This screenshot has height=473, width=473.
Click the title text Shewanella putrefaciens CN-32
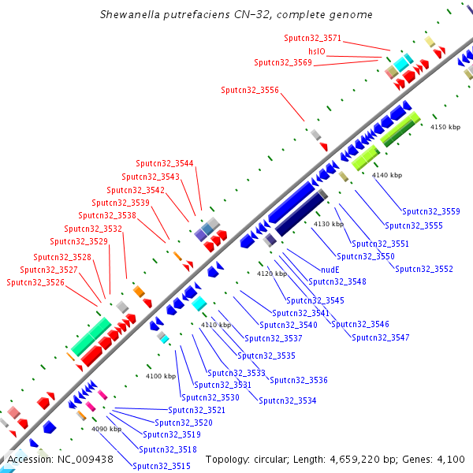tap(236, 15)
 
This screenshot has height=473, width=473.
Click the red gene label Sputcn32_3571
tap(313, 38)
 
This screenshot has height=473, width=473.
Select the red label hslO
tap(317, 50)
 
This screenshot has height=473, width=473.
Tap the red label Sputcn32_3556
tap(250, 90)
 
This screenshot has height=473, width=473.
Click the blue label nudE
tap(330, 269)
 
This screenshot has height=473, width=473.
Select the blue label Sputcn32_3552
tap(424, 269)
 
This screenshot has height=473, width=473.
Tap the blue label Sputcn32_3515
tap(162, 466)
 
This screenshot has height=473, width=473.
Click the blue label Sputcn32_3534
tap(288, 400)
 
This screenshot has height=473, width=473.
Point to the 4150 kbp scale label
tap(445, 127)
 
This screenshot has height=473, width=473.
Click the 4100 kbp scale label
tap(160, 376)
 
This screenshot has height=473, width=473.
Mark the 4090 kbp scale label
tap(106, 429)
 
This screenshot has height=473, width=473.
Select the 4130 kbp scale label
tap(329, 225)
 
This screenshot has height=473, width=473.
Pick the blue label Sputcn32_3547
tap(381, 337)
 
